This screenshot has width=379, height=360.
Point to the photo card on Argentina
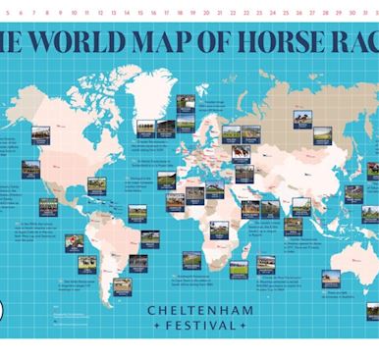click(122, 285)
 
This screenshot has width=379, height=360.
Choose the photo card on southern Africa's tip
click(191, 260)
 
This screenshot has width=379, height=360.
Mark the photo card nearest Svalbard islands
click(185, 104)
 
